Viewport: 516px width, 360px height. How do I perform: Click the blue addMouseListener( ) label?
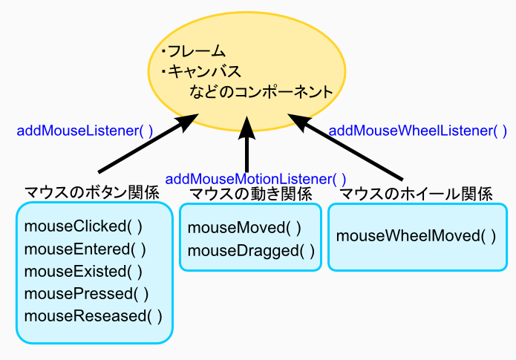85,131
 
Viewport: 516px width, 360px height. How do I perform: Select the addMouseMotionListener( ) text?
255,180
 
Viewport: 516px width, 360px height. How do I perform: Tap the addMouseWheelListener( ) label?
418,131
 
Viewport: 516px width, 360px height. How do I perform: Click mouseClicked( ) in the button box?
83,226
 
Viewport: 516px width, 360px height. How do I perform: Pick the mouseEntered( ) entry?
85,249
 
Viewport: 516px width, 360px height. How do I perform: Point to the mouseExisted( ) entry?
83,272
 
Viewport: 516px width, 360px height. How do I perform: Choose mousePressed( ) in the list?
86,293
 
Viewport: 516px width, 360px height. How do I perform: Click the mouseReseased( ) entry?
93,316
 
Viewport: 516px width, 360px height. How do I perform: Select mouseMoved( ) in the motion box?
244,228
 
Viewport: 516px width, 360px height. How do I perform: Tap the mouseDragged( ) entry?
251,251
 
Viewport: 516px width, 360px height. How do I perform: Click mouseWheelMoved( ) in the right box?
416,236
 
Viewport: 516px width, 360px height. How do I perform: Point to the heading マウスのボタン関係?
92,192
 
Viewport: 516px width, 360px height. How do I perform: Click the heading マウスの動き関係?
251,194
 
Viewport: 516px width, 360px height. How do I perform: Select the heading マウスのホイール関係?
416,194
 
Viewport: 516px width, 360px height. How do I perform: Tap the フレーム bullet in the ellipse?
194,51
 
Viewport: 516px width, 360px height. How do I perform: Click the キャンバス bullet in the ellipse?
201,71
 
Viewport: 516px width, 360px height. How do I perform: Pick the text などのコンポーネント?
261,91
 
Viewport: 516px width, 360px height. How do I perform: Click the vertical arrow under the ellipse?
246,144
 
